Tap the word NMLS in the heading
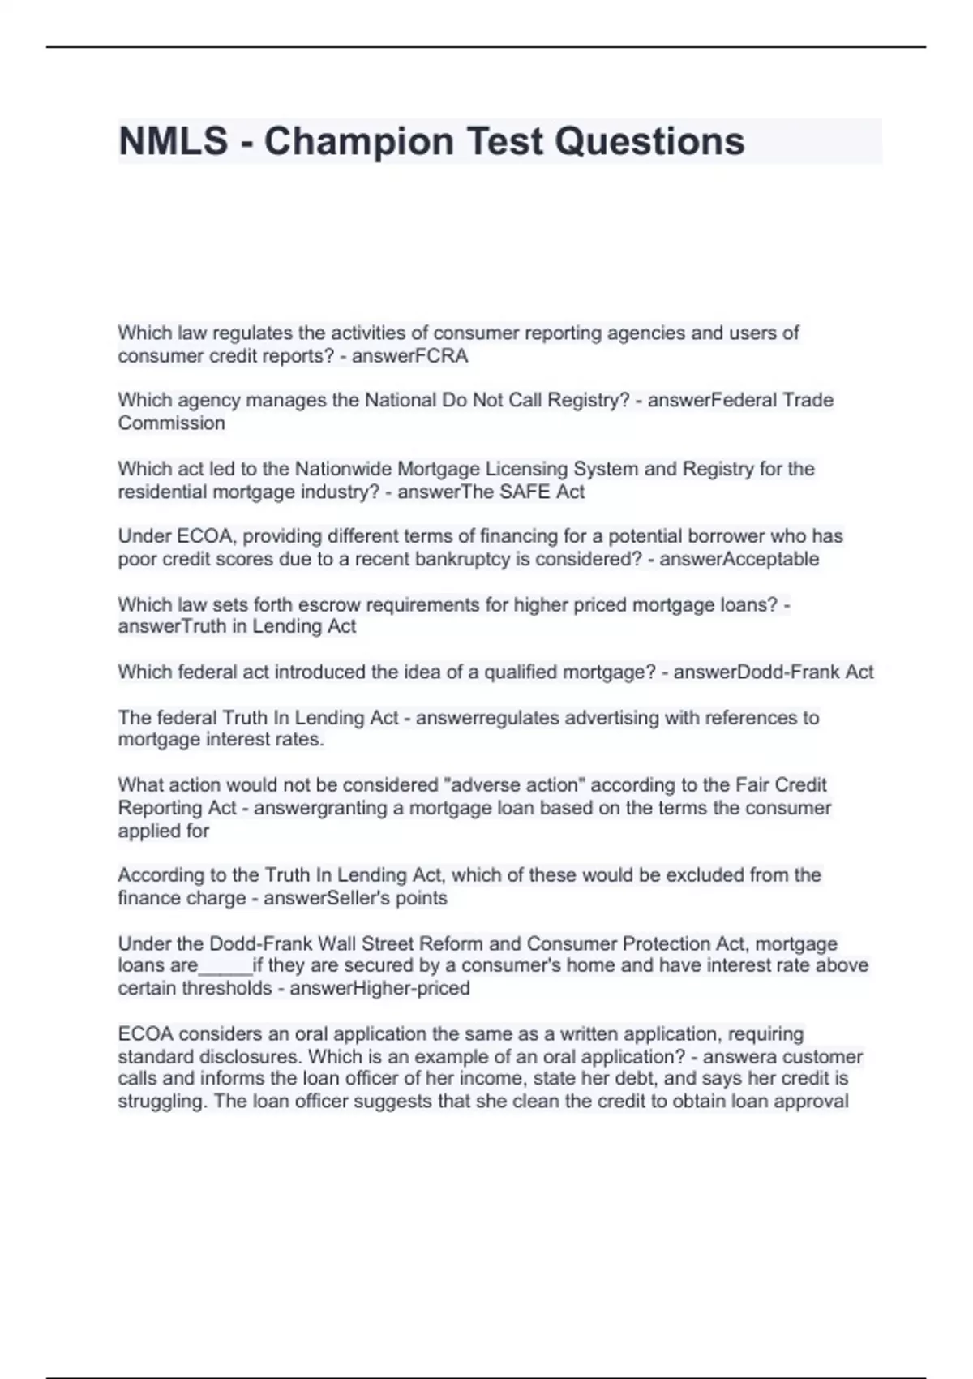(x=173, y=141)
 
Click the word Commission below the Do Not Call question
(x=171, y=423)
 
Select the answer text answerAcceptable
(x=739, y=560)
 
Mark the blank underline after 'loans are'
(x=225, y=966)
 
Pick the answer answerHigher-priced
(x=379, y=989)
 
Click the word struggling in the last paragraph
(x=162, y=1102)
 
